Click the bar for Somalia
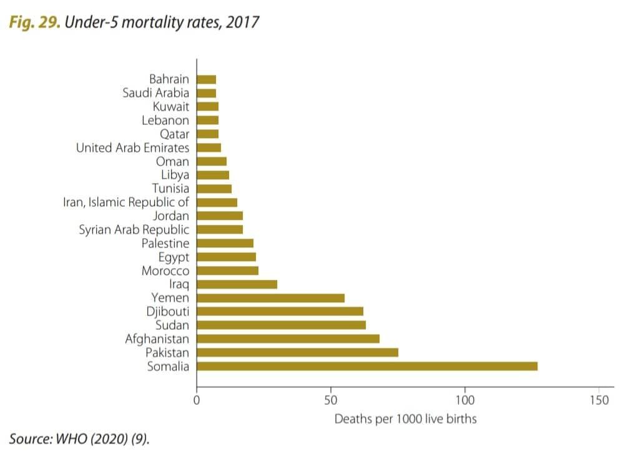[367, 366]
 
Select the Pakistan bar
[297, 352]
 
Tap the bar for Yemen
[270, 298]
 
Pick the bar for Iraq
[237, 284]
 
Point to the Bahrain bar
[206, 79]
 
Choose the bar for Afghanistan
[288, 339]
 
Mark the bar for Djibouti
[280, 311]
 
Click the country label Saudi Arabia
[155, 93]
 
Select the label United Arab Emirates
[132, 148]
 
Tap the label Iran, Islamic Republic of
[126, 202]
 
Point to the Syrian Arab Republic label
[134, 229]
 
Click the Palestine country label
[165, 243]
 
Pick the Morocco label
[165, 270]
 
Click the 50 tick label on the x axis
[331, 400]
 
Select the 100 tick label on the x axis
[465, 400]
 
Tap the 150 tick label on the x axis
[599, 400]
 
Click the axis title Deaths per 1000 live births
[405, 419]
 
